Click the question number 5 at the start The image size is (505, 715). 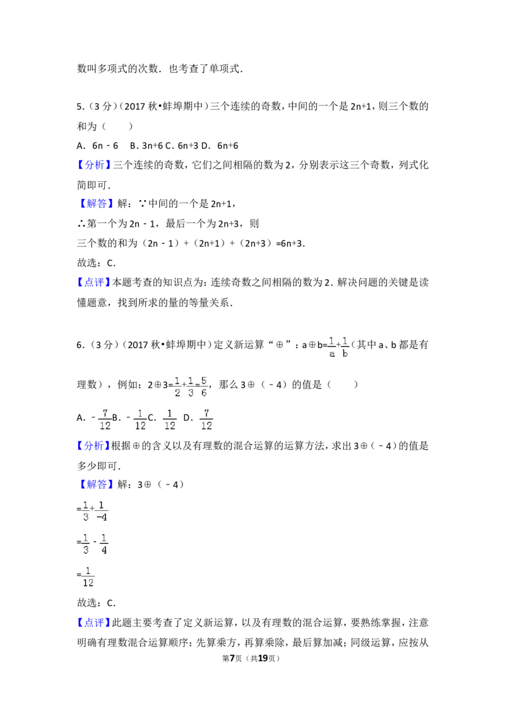(80, 107)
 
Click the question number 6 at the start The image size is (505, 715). (80, 345)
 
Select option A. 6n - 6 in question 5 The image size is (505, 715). (98, 146)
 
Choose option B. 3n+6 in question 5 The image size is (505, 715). (146, 146)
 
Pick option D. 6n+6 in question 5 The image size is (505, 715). (220, 146)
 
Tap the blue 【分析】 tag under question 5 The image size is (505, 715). (93, 165)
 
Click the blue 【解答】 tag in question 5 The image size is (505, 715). (94, 204)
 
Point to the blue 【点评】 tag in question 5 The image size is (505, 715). (93, 283)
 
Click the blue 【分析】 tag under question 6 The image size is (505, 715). (93, 446)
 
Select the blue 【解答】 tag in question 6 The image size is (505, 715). (94, 484)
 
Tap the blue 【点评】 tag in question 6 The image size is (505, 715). (93, 623)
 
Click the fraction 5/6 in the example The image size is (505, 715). (203, 386)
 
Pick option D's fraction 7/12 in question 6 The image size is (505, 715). (206, 419)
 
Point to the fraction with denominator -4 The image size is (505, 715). (102, 511)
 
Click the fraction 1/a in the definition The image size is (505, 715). (332, 347)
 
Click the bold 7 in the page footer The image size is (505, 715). (232, 658)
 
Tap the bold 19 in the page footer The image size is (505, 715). (263, 658)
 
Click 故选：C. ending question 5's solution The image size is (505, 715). (96, 263)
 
